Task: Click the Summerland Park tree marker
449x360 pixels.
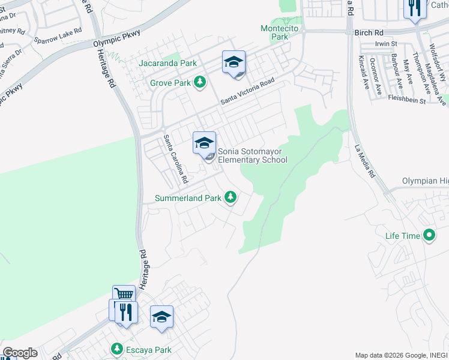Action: click(230, 197)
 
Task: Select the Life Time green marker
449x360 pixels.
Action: click(429, 235)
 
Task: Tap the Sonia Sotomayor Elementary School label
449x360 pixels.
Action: click(252, 155)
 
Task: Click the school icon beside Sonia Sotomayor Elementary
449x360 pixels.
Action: click(204, 143)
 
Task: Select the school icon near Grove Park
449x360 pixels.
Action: click(234, 62)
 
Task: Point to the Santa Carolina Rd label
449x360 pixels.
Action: click(176, 159)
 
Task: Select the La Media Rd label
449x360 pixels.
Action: click(364, 162)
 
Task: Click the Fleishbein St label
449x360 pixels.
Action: click(406, 100)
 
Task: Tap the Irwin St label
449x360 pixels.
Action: click(386, 44)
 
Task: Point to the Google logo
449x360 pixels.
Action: click(19, 353)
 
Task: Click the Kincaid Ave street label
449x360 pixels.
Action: click(363, 71)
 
